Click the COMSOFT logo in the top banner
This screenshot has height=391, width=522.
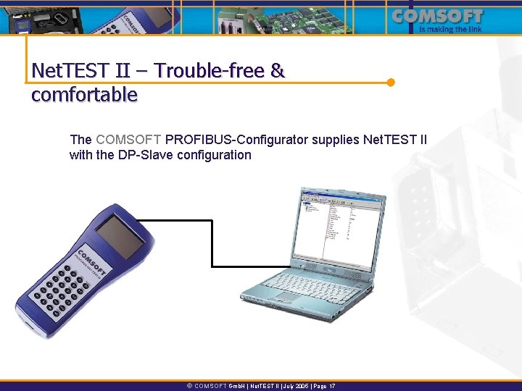click(447, 17)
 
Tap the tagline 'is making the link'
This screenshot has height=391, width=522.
click(452, 30)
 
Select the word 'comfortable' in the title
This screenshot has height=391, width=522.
click(84, 94)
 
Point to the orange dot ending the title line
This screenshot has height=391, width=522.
click(391, 82)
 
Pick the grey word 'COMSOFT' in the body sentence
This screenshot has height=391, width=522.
click(129, 139)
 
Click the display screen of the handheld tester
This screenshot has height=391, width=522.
click(120, 234)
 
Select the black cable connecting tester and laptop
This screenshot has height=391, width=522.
click(212, 239)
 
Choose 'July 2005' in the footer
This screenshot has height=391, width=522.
click(291, 387)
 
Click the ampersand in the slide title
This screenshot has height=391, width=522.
click(277, 71)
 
